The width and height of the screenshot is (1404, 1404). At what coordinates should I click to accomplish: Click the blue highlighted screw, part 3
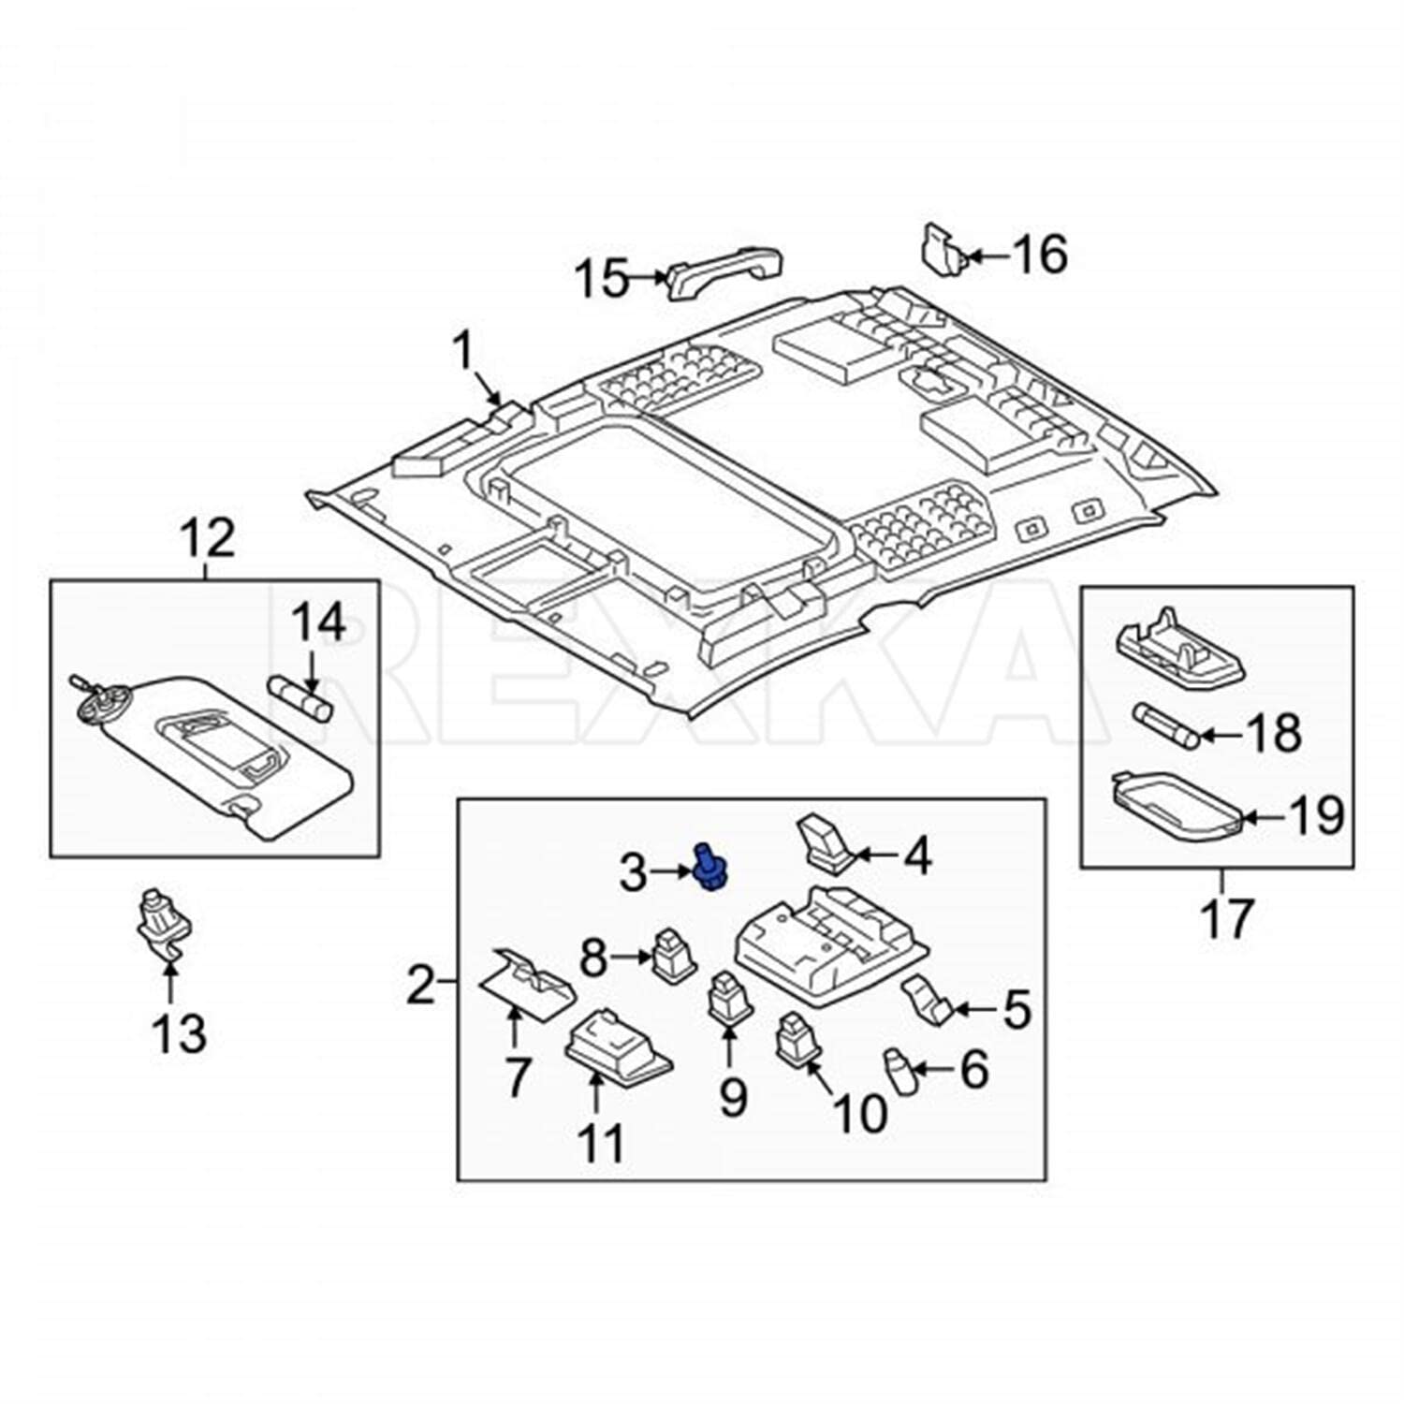point(710,868)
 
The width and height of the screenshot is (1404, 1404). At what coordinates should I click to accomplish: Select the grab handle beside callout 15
point(723,278)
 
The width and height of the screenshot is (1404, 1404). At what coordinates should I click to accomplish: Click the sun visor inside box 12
point(215,749)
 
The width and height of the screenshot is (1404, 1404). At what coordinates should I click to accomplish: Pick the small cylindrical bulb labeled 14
point(301,698)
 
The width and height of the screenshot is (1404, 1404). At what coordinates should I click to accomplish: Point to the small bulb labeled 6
point(899,1073)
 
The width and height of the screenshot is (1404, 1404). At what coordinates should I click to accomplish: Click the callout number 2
point(420,985)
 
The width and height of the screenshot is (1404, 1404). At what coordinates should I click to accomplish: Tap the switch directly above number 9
point(729,1000)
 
